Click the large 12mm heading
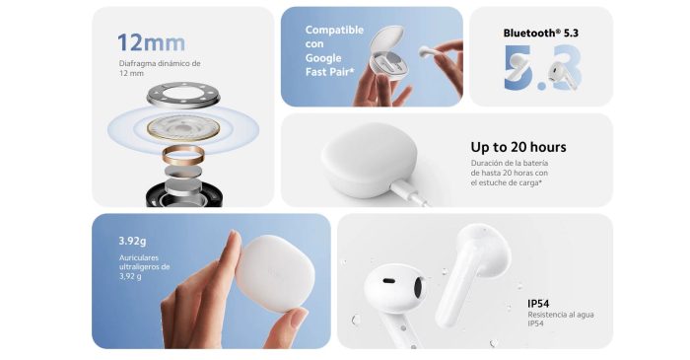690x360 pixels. (x=152, y=43)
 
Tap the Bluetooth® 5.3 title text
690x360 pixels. (x=541, y=33)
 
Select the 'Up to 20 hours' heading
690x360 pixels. (x=518, y=147)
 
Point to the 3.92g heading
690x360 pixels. (x=132, y=242)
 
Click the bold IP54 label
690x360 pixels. (x=538, y=304)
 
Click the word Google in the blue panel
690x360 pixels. (x=323, y=58)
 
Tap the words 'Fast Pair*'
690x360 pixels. (x=329, y=72)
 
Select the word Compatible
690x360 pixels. (x=334, y=30)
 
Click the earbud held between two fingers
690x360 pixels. (x=429, y=51)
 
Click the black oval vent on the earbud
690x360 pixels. (x=388, y=281)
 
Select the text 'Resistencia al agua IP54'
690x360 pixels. (x=561, y=320)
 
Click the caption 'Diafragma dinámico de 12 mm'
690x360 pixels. (x=160, y=68)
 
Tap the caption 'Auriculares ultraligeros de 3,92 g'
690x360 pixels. (x=144, y=267)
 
